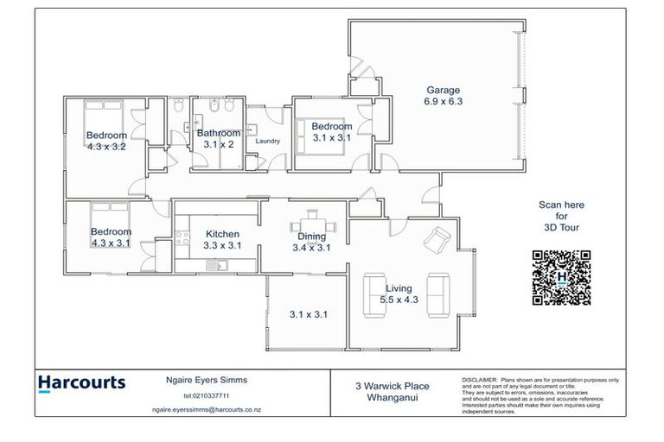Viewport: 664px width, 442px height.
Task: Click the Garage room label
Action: [x=443, y=90]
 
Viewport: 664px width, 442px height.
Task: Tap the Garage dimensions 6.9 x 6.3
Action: [x=443, y=101]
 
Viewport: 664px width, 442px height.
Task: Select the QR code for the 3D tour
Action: [x=561, y=278]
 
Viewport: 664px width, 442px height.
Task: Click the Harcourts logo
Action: [x=82, y=383]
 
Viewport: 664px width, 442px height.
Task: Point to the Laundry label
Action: [x=267, y=141]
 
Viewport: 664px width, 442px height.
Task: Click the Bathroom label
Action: [x=218, y=134]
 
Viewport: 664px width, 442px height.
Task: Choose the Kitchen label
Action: [x=222, y=234]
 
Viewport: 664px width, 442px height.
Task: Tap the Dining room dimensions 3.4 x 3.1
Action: [x=311, y=248]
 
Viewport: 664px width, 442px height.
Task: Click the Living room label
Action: [x=399, y=288]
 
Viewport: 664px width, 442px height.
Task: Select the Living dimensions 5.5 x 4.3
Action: [x=399, y=300]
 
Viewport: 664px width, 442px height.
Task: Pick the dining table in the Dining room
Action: [x=311, y=220]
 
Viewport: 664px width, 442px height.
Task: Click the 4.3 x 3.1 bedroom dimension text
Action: [x=111, y=243]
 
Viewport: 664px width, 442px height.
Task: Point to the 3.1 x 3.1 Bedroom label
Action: [x=331, y=127]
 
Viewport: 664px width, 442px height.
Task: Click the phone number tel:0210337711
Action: [x=200, y=395]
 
